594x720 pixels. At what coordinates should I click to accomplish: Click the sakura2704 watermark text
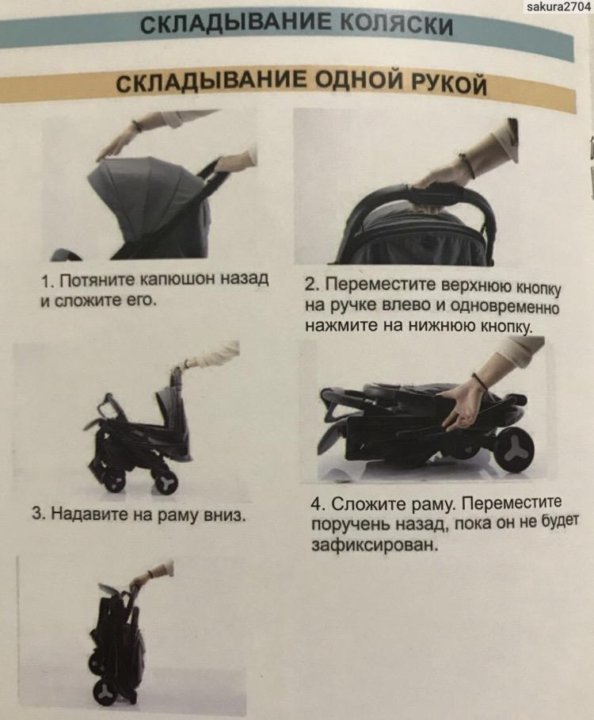pos(558,6)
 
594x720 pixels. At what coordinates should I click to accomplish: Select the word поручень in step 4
pos(350,524)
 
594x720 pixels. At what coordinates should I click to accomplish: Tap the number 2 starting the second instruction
pos(310,285)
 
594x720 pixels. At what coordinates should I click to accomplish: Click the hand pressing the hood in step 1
pos(116,146)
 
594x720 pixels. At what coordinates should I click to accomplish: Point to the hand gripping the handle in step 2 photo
pos(441,177)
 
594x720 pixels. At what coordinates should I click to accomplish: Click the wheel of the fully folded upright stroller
pos(105,692)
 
